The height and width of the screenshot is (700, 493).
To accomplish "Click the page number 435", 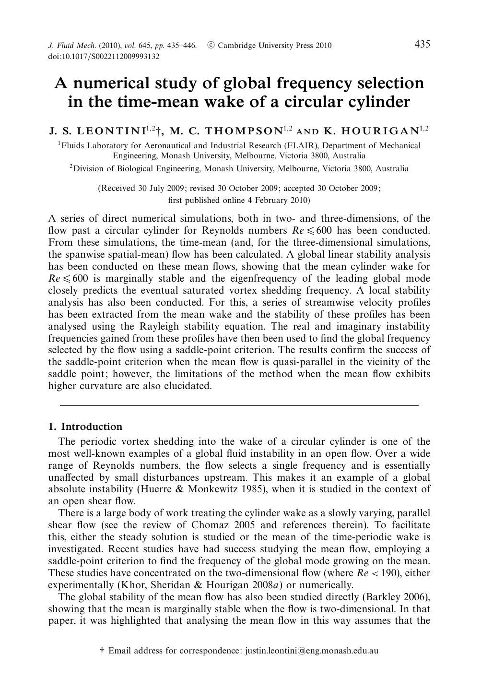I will [422, 45].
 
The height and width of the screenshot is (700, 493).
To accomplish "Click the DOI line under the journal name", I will [104, 57].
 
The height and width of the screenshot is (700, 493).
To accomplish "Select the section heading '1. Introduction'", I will [85, 427].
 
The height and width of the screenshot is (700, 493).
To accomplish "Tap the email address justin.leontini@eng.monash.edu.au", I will [312, 651].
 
